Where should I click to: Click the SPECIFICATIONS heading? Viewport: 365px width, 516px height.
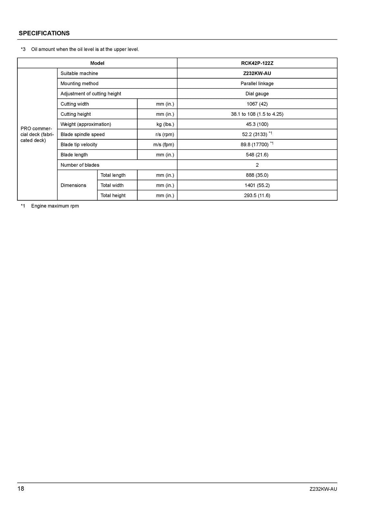click(44, 33)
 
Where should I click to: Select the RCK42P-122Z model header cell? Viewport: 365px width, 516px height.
click(257, 63)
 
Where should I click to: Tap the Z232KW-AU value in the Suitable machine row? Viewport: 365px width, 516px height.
click(257, 73)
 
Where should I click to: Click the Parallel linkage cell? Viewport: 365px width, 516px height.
click(257, 84)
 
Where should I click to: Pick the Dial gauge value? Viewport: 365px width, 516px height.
click(257, 94)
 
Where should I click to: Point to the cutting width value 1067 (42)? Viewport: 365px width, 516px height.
click(257, 104)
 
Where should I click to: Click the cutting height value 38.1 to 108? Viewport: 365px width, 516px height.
click(257, 114)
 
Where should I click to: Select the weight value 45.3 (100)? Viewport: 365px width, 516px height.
click(257, 124)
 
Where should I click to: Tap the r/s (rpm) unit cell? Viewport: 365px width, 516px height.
click(165, 134)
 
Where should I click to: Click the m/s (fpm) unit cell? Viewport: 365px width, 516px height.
click(163, 144)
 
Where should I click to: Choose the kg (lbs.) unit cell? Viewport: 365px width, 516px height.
click(165, 124)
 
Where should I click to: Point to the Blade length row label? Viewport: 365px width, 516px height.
click(74, 155)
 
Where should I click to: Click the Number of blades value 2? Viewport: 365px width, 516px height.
click(257, 165)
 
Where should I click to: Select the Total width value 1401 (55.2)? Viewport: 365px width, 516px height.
click(257, 185)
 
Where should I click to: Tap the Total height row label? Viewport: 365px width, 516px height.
click(113, 195)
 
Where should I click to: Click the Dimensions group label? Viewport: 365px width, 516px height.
click(73, 185)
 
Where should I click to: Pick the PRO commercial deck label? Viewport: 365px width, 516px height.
click(37, 134)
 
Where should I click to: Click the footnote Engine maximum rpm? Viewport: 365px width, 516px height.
click(55, 206)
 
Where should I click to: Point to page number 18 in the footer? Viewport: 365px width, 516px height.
click(21, 489)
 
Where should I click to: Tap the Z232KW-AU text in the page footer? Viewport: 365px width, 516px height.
click(323, 489)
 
